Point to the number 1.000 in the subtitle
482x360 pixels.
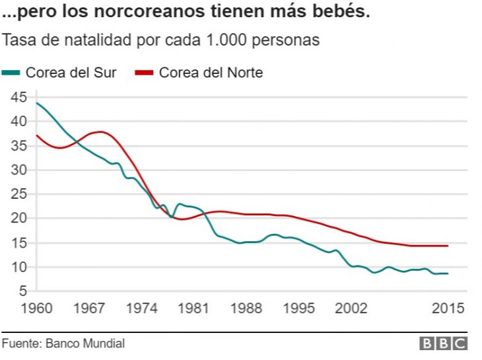pyautogui.click(x=232, y=40)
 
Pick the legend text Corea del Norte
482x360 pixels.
pyautogui.click(x=211, y=73)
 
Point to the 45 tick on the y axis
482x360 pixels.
pyautogui.click(x=18, y=97)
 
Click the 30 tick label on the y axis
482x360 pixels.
pyautogui.click(x=18, y=170)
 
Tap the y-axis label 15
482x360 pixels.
pyautogui.click(x=18, y=243)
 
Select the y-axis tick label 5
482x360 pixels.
pyautogui.click(x=22, y=291)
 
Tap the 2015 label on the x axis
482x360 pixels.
pyautogui.click(x=448, y=308)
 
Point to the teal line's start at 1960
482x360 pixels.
pyautogui.click(x=37, y=103)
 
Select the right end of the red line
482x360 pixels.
pyautogui.click(x=448, y=246)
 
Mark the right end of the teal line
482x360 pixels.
pyautogui.click(x=448, y=273)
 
